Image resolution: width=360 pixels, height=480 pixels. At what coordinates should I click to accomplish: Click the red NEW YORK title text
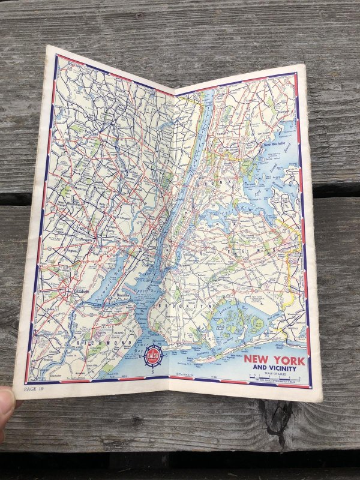tap(274, 360)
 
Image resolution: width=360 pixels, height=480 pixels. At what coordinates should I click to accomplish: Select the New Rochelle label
tap(276, 145)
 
